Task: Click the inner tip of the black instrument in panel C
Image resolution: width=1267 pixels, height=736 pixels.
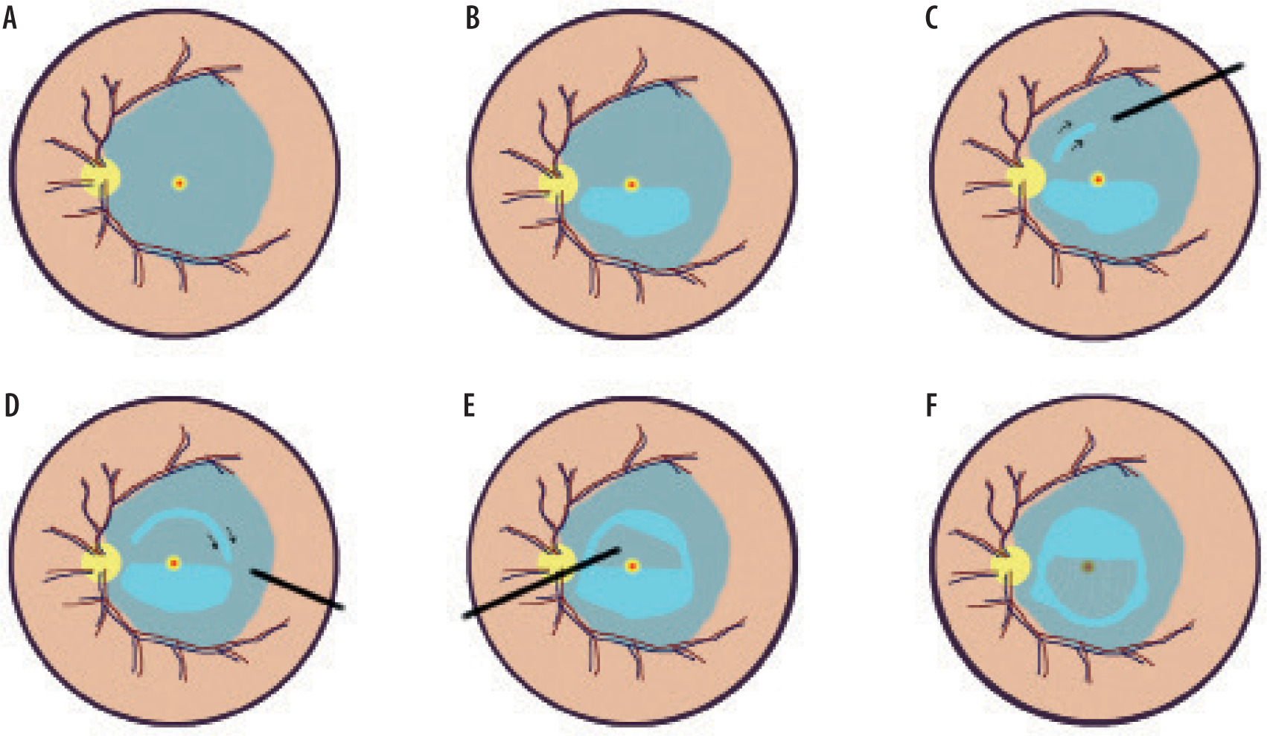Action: click(1113, 119)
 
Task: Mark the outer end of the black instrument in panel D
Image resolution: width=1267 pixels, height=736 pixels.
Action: click(342, 608)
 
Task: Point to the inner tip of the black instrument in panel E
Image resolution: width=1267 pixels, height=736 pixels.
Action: click(620, 549)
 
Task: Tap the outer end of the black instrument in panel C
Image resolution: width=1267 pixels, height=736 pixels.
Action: click(1242, 65)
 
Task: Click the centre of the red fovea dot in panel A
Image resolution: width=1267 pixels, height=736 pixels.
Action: click(179, 182)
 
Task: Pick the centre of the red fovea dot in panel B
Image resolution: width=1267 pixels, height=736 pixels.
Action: click(632, 185)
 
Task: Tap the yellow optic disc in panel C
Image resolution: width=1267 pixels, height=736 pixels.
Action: click(1026, 179)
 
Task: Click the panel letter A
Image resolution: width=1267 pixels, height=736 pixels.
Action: click(10, 19)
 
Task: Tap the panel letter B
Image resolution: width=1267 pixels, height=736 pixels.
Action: click(472, 19)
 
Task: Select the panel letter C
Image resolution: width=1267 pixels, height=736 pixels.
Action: click(931, 19)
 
